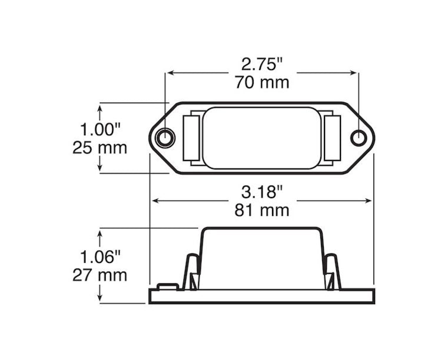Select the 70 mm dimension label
262,82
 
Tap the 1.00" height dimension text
100,129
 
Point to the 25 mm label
100,147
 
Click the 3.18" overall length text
262,192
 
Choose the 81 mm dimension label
262,209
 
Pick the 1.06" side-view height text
100,256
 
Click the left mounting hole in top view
166,138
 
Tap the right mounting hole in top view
358,138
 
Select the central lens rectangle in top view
263,138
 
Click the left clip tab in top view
191,138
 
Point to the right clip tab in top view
332,138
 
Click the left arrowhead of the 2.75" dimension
170,73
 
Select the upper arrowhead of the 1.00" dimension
101,106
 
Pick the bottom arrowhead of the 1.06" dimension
101,299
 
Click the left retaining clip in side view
191,272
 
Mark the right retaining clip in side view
332,272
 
